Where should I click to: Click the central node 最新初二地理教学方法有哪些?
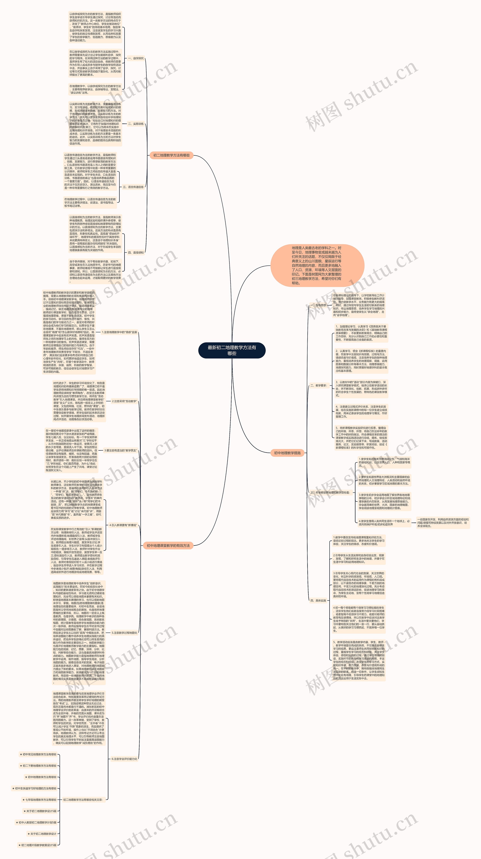coord(232,350)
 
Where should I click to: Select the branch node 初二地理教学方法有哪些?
coord(171,155)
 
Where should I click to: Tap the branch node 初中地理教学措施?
coord(287,453)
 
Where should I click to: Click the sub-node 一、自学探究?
coord(136,58)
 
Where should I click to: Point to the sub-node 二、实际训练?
coord(136,124)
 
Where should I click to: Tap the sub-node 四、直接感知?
coord(136,253)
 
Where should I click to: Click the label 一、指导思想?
coord(318,305)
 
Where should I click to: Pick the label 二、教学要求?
coord(318,386)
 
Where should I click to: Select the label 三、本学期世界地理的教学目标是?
coord(330,492)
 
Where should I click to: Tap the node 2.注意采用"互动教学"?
coord(124,401)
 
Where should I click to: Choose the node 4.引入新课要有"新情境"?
coord(123,525)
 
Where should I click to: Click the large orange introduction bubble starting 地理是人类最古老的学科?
coord(317,265)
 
